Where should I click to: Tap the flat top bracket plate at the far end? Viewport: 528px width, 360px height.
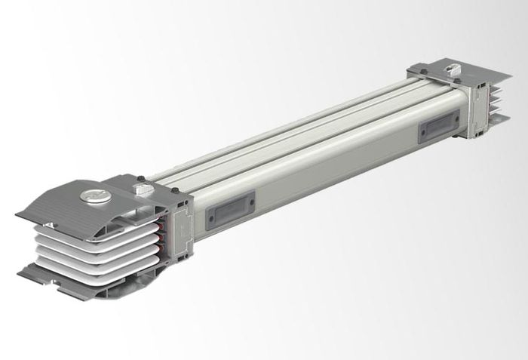pyautogui.click(x=460, y=73)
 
